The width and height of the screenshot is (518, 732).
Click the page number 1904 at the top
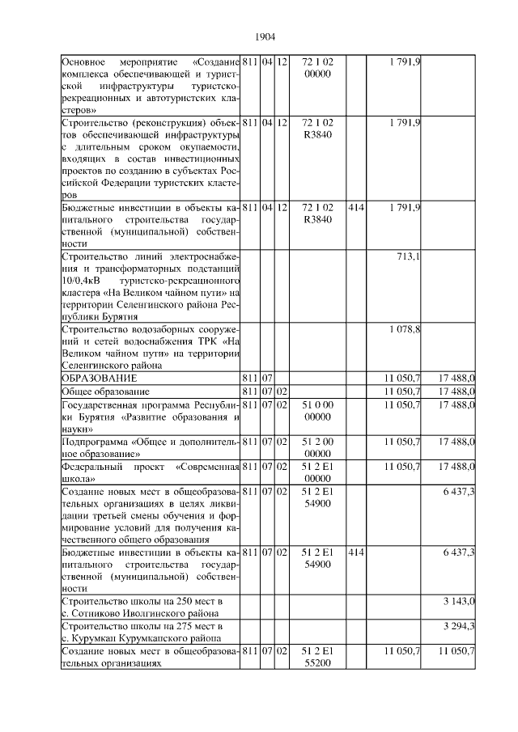(x=265, y=37)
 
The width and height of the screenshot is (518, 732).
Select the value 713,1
(x=407, y=257)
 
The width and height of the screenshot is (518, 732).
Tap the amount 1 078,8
(x=403, y=330)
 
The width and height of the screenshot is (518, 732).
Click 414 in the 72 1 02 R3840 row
(x=355, y=208)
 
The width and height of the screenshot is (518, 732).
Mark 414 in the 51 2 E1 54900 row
(x=355, y=552)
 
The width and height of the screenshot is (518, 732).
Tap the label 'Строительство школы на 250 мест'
(x=141, y=601)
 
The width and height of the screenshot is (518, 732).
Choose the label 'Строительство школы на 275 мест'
(x=141, y=626)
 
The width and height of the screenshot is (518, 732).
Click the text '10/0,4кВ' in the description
(x=83, y=281)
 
